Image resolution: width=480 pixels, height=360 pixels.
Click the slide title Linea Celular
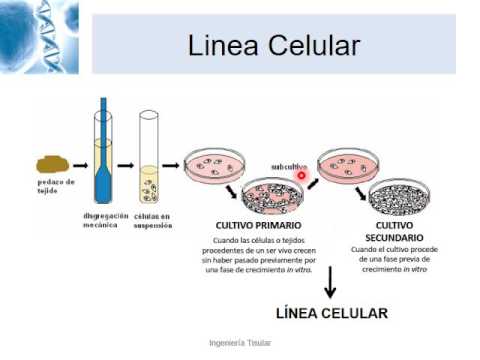point(274,45)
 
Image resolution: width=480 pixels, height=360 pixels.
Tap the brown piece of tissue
point(52,164)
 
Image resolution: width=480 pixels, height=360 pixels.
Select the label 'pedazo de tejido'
point(56,186)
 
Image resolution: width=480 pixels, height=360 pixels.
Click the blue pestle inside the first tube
point(103,150)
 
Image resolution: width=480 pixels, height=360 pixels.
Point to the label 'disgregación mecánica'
point(106,220)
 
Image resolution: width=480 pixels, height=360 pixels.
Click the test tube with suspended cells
point(149,157)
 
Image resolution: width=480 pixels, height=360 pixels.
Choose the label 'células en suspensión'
point(153,221)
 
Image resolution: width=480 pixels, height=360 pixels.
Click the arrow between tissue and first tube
point(80,165)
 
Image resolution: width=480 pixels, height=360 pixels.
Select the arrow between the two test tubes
point(125,165)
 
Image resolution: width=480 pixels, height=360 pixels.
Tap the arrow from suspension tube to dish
point(171,165)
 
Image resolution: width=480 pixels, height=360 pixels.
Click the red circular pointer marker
point(301,175)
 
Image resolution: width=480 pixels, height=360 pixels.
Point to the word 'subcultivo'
point(289,167)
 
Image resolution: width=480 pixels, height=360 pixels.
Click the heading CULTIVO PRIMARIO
point(258,225)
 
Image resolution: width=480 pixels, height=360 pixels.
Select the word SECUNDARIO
point(394,238)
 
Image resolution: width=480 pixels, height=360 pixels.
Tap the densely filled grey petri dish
point(399,197)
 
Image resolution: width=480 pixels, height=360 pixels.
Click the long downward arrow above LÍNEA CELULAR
point(330,282)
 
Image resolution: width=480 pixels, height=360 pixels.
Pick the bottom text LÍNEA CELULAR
point(332,313)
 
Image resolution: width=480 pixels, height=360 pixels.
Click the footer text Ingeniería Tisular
point(240,342)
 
